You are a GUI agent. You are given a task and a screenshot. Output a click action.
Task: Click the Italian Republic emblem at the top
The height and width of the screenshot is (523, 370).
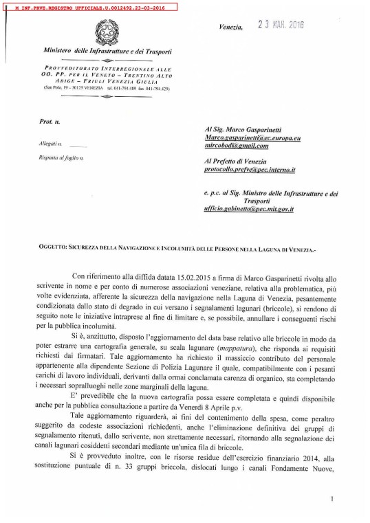[x=107, y=31]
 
